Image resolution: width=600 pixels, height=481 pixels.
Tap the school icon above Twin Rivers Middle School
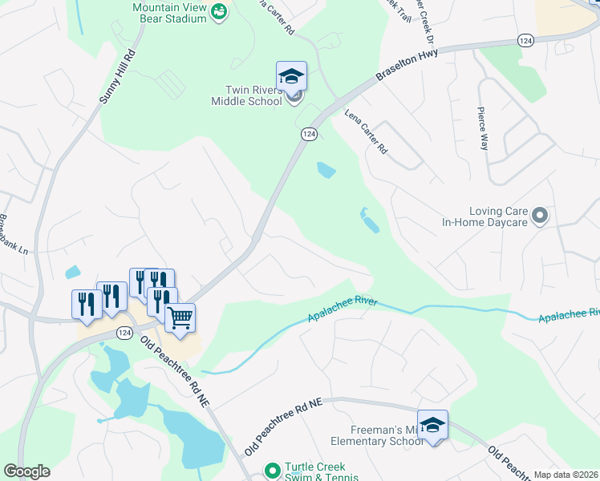click(291, 77)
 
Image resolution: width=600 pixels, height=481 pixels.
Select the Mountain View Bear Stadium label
click(168, 11)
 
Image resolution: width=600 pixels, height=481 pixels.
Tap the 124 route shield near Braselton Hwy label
click(525, 40)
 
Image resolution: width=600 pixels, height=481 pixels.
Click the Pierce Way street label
click(483, 128)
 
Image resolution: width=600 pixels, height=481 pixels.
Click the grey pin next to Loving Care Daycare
click(541, 215)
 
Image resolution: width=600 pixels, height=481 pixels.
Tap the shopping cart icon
click(180, 318)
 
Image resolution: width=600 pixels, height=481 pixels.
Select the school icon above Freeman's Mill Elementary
click(432, 425)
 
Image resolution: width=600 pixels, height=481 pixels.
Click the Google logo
click(26, 471)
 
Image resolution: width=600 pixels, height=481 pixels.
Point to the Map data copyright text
click(566, 475)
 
